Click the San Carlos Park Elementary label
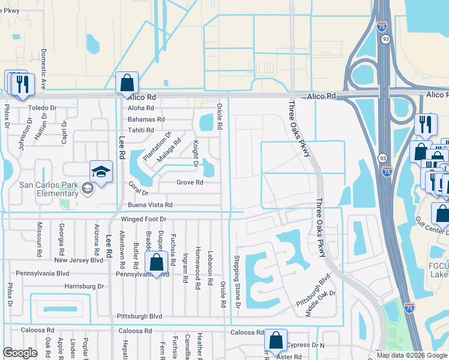[x=40, y=188]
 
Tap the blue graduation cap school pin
[x=101, y=172]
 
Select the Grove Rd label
[x=190, y=182]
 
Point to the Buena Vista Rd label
[x=146, y=205]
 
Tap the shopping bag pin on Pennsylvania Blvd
[x=156, y=263]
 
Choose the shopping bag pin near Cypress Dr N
[x=276, y=341]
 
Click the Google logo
[x=20, y=352]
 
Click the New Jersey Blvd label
[x=79, y=260]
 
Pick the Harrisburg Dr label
[x=84, y=286]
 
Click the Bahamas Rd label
[x=146, y=119]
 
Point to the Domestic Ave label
[x=44, y=69]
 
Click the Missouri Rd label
[x=39, y=240]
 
